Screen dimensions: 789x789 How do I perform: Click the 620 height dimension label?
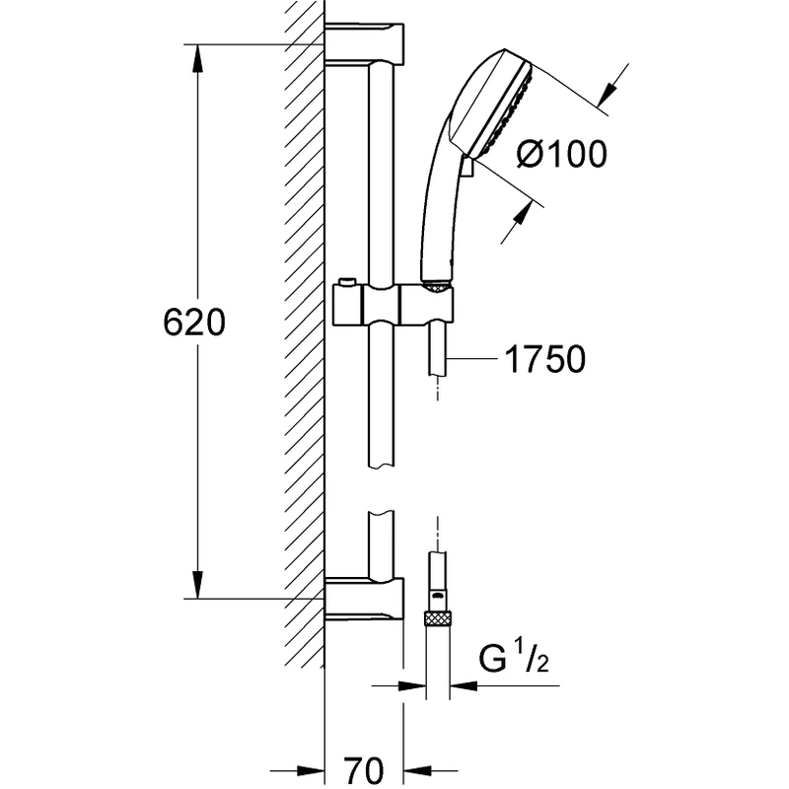[194, 323]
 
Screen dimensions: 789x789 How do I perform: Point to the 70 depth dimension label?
[364, 766]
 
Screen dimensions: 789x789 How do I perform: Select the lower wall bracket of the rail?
[365, 601]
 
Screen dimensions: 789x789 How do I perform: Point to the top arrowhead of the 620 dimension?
[198, 55]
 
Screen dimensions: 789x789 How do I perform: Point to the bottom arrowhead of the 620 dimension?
[198, 586]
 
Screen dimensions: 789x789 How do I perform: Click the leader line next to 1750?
[473, 360]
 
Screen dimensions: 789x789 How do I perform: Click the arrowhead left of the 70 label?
[314, 766]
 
